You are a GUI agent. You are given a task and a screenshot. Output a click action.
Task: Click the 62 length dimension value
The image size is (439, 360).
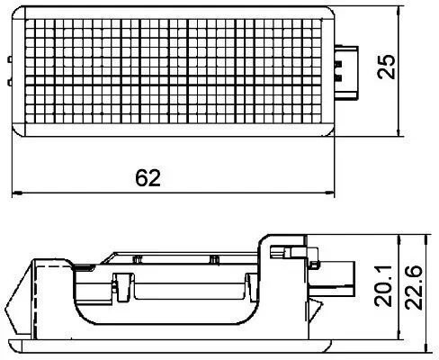click(149, 178)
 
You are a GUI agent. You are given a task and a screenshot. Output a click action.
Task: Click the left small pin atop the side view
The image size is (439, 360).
click(137, 258)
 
